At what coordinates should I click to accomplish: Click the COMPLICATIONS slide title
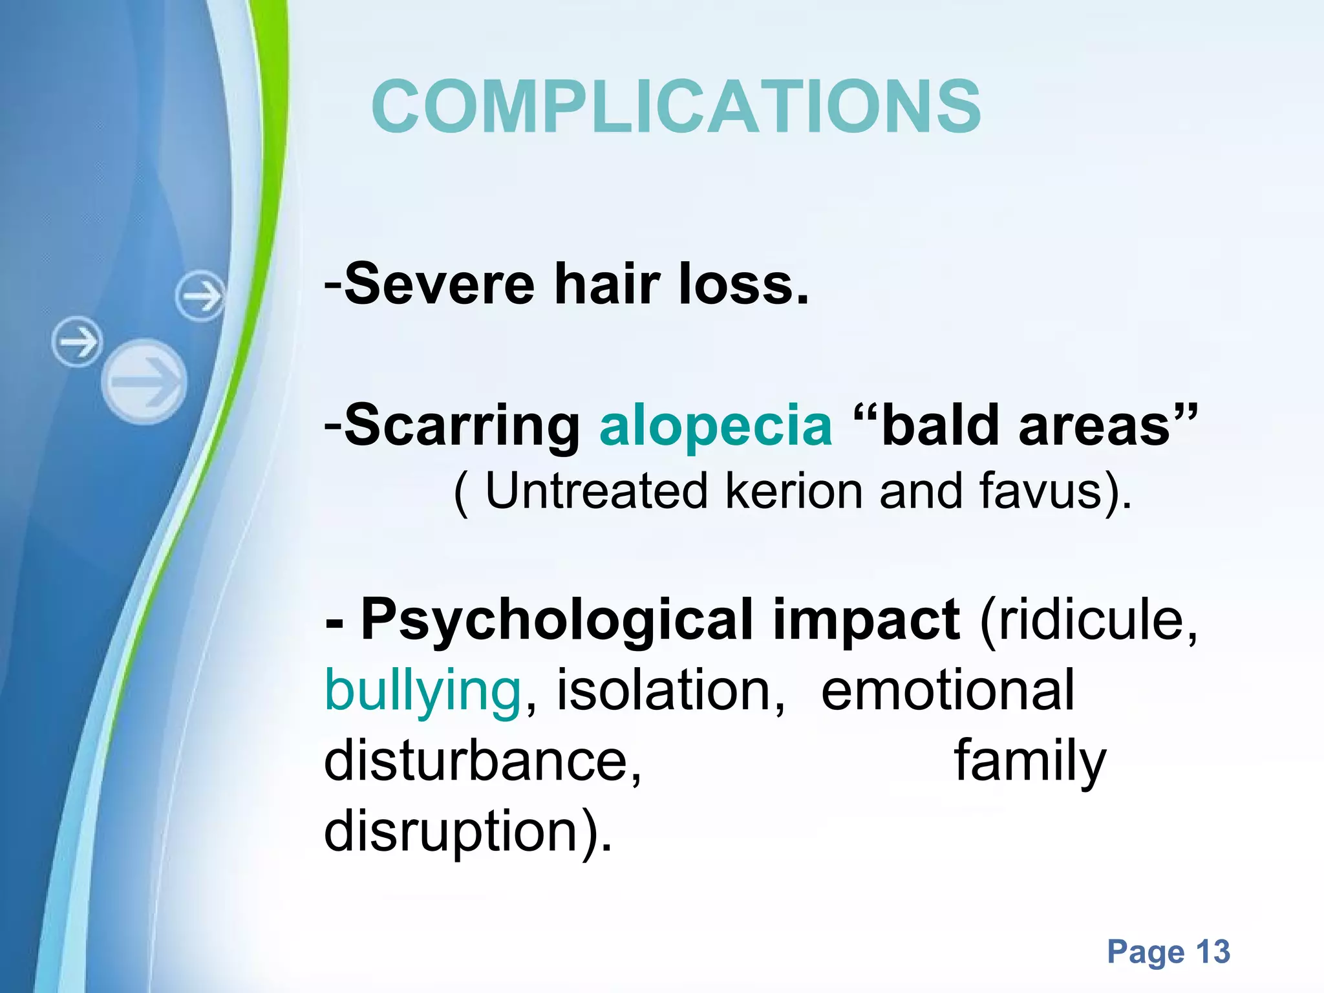[676, 107]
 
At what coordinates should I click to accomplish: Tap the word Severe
[440, 284]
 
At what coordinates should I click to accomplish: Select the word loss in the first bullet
[743, 284]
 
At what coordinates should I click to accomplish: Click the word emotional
[948, 690]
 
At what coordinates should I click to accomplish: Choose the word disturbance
[482, 762]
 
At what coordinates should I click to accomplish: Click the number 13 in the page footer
[1212, 952]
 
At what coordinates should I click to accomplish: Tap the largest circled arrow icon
[144, 381]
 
